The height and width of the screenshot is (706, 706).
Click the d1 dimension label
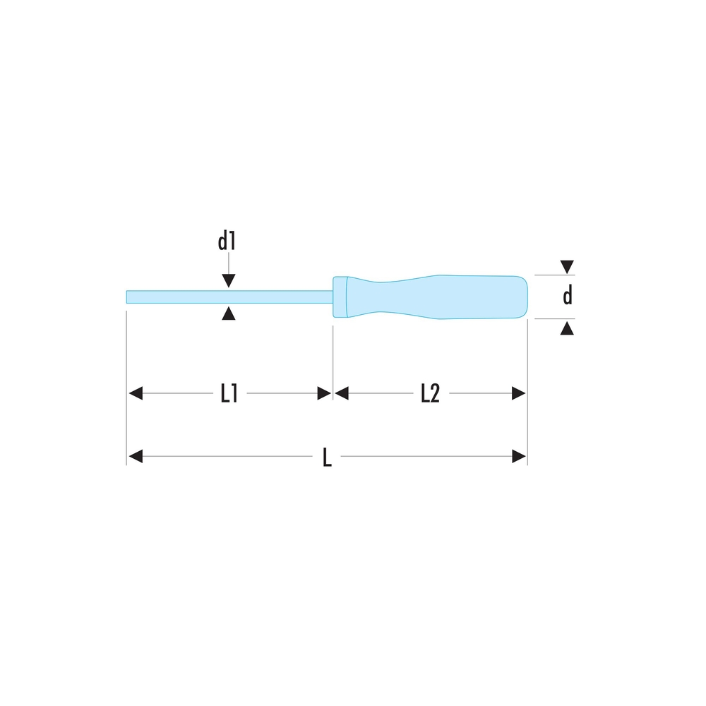point(227,241)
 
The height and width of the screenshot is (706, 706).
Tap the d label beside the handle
point(568,295)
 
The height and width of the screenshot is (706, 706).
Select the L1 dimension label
point(229,393)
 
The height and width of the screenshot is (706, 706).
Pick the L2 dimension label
point(430,393)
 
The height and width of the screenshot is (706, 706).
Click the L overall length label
point(328,457)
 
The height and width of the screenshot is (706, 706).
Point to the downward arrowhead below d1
point(229,280)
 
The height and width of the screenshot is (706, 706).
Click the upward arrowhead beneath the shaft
point(229,313)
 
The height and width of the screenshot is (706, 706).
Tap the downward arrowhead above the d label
point(567,267)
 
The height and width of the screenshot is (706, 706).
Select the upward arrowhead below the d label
point(567,328)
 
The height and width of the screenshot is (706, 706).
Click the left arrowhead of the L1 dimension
point(136,393)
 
